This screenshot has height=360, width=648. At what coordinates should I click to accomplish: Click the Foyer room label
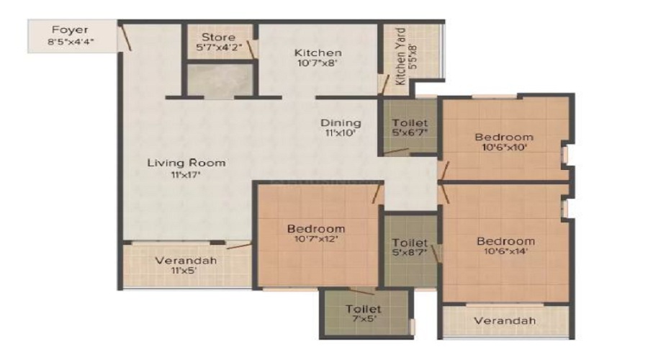click(x=70, y=30)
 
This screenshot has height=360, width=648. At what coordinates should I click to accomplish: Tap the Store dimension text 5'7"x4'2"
click(x=219, y=47)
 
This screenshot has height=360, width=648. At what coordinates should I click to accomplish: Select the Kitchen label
click(x=318, y=53)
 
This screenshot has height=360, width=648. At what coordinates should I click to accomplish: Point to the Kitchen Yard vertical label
click(x=400, y=56)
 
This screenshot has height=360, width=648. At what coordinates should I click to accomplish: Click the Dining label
click(x=341, y=122)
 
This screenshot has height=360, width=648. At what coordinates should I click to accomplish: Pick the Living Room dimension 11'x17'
click(x=186, y=175)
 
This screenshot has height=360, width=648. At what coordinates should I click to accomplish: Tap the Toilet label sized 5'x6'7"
click(x=410, y=122)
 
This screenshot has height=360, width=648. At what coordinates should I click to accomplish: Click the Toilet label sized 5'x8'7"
click(x=410, y=243)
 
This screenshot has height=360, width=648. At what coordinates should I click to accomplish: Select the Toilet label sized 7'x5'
click(x=364, y=309)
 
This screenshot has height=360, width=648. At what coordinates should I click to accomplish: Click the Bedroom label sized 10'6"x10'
click(x=504, y=138)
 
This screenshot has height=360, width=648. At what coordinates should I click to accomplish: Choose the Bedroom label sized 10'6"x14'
click(x=505, y=241)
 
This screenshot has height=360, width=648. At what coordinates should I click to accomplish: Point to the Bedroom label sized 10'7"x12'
click(x=316, y=228)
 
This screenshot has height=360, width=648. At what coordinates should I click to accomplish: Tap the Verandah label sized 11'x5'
click(x=186, y=261)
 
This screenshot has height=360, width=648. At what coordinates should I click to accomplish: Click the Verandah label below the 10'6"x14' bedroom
click(x=505, y=320)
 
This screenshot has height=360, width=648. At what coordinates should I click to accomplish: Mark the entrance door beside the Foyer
click(x=125, y=37)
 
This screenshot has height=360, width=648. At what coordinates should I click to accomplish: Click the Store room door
click(x=251, y=49)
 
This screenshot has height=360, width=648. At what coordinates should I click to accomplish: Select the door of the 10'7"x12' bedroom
click(x=377, y=194)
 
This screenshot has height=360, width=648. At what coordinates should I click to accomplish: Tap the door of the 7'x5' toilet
click(x=361, y=291)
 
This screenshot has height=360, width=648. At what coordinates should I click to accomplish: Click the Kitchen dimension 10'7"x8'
click(x=318, y=63)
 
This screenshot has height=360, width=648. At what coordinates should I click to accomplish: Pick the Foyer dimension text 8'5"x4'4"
click(x=71, y=41)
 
